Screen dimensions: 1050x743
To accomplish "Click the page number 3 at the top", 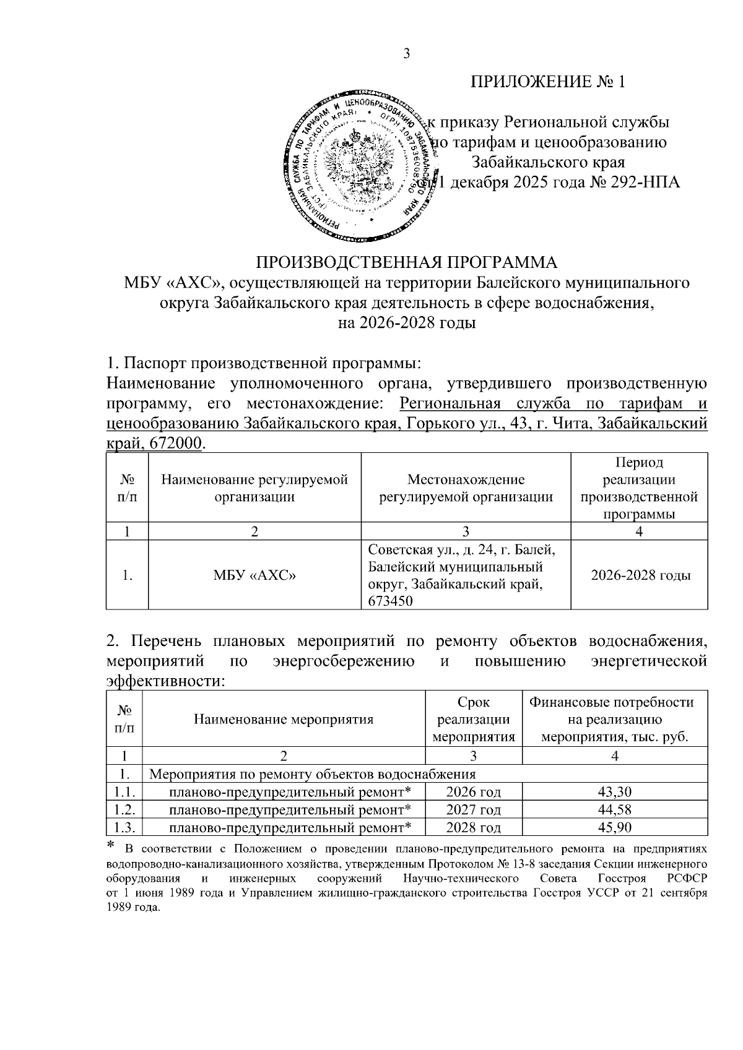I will tap(407, 54).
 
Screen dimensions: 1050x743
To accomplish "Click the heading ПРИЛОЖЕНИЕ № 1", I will tap(548, 83).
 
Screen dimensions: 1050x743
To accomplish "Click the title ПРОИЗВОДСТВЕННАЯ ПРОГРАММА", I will tap(407, 262).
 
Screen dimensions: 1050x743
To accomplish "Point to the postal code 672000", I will tap(176, 443).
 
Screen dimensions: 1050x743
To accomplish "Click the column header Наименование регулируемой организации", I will tap(254, 488).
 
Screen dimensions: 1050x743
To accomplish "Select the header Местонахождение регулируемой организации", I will tap(466, 488).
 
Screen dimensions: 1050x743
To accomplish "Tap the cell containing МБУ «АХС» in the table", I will tap(254, 575).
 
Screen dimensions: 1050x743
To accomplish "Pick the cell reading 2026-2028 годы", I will tap(640, 575).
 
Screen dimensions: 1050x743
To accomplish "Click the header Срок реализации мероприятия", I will tap(474, 720).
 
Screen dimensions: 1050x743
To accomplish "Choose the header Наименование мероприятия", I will tap(284, 720).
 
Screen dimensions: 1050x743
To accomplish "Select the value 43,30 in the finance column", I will tap(615, 792).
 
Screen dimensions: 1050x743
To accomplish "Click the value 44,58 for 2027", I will tap(615, 810).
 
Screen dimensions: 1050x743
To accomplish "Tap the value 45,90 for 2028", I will tap(615, 828).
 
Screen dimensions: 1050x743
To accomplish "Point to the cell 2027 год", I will tap(474, 810).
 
